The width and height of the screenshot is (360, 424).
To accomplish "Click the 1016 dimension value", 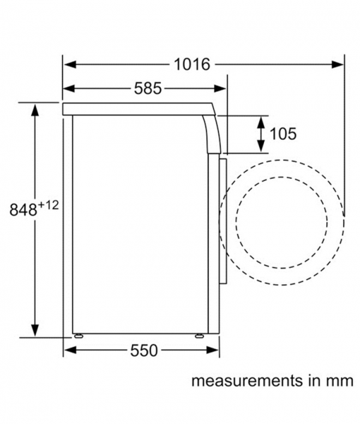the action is click(192, 64).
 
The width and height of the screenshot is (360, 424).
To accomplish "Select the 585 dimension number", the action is click(148, 88).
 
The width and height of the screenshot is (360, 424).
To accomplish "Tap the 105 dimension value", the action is click(283, 134).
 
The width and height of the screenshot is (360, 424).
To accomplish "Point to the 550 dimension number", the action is click(144, 351).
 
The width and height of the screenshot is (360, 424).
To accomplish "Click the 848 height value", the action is click(23, 210).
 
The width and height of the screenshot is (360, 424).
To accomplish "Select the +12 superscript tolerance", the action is click(48, 205).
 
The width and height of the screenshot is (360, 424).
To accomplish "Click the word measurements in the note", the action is click(247, 381).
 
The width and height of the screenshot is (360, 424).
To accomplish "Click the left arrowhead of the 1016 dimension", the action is click(69, 64).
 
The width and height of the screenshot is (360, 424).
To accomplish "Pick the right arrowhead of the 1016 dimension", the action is click(337, 64).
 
